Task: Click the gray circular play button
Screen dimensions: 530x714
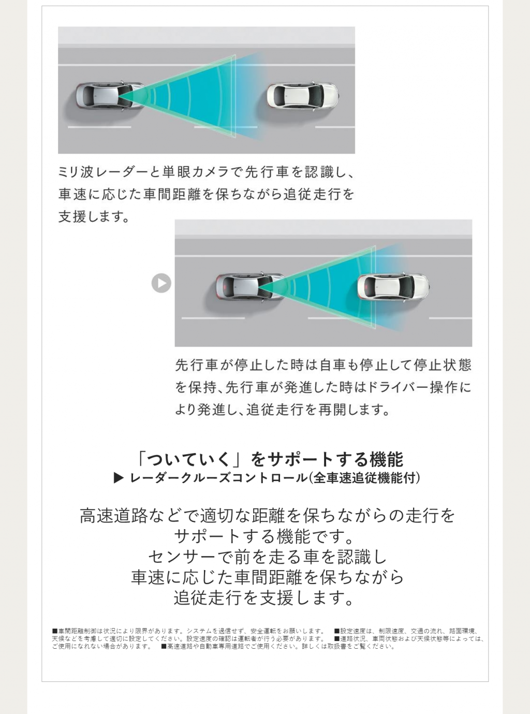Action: [161, 283]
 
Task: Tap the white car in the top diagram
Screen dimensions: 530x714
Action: [302, 96]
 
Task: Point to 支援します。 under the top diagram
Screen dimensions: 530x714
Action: [94, 216]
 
